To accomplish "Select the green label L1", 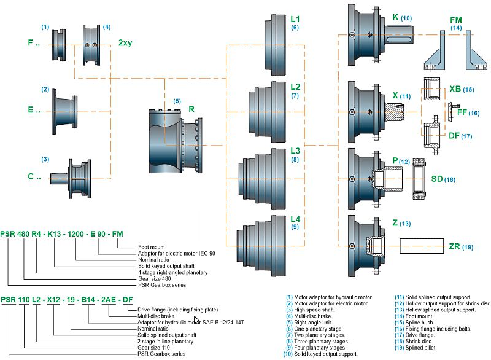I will click(295, 18).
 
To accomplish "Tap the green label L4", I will click(295, 218).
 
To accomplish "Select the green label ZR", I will click(454, 246).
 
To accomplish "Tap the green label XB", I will click(455, 89).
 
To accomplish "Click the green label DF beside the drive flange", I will click(455, 136).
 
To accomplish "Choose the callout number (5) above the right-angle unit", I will click(177, 101).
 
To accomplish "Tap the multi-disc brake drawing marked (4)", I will click(93, 44).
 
